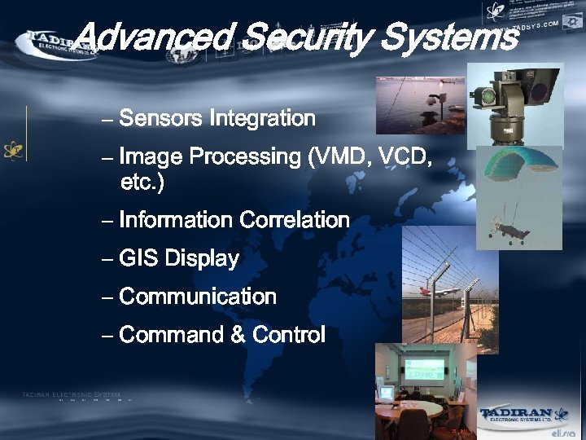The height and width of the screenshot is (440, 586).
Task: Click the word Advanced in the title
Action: coord(155,37)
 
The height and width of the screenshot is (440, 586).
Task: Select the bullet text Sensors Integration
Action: coord(216,118)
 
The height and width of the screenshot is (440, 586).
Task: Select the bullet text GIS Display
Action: coord(178,259)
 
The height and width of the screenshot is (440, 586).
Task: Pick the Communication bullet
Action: coord(197,297)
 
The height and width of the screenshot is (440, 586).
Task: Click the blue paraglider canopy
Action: coord(518,166)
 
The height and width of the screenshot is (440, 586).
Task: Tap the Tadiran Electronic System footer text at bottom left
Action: coord(72,395)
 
